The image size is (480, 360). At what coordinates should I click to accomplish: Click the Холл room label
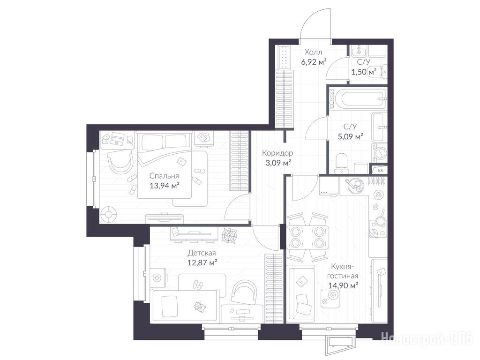point(314,52)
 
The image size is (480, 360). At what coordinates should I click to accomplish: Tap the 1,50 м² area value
point(364,72)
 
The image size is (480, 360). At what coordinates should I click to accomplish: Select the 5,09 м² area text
point(350,136)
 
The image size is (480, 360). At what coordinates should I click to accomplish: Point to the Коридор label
point(277,153)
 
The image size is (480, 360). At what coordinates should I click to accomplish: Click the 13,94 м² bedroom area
point(164,185)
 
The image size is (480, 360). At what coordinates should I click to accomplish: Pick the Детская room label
point(202,253)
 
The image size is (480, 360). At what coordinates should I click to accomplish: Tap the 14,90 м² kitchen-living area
point(344,285)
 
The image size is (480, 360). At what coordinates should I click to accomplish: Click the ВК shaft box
point(380,171)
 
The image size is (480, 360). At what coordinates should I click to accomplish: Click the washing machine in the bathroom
point(379,153)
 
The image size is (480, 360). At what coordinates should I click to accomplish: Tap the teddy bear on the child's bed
point(199,306)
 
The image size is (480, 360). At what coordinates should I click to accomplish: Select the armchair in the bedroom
point(120,162)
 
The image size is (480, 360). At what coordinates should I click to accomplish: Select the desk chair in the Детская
point(244,292)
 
